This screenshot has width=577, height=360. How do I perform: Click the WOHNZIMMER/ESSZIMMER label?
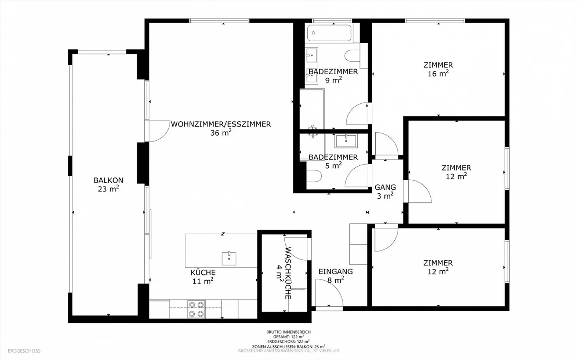[x=221, y=125]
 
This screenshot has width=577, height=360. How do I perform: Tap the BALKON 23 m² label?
[x=108, y=185]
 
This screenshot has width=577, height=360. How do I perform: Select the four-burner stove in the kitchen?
[x=196, y=309]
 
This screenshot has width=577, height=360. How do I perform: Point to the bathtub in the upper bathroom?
[x=329, y=34]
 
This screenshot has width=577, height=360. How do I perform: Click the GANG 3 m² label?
[x=385, y=191]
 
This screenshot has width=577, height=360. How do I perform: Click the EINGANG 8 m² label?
[x=336, y=276]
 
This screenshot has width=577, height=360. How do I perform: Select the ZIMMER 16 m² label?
[x=438, y=69]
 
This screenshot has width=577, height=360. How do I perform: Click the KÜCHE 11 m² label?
[x=203, y=277]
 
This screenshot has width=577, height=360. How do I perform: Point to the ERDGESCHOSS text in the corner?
[x=24, y=351]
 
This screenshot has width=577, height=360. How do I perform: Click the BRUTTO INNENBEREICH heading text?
[x=288, y=332]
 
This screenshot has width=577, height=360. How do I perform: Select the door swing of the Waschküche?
[x=297, y=248]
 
